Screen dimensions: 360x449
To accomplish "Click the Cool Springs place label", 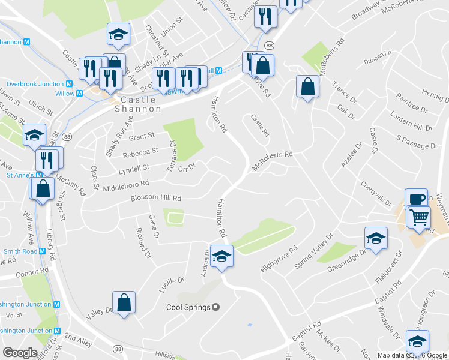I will [x=188, y=307].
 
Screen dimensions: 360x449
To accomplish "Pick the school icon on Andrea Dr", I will [x=221, y=256].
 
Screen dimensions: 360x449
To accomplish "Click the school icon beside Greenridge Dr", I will [x=375, y=239].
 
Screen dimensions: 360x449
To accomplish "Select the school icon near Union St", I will [x=118, y=34].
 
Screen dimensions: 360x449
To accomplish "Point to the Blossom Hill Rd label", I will [x=156, y=197].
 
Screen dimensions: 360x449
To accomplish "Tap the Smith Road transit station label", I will [x=21, y=251].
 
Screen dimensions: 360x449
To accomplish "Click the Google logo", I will [x=20, y=353].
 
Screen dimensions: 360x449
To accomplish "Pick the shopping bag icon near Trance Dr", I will [x=307, y=86].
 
